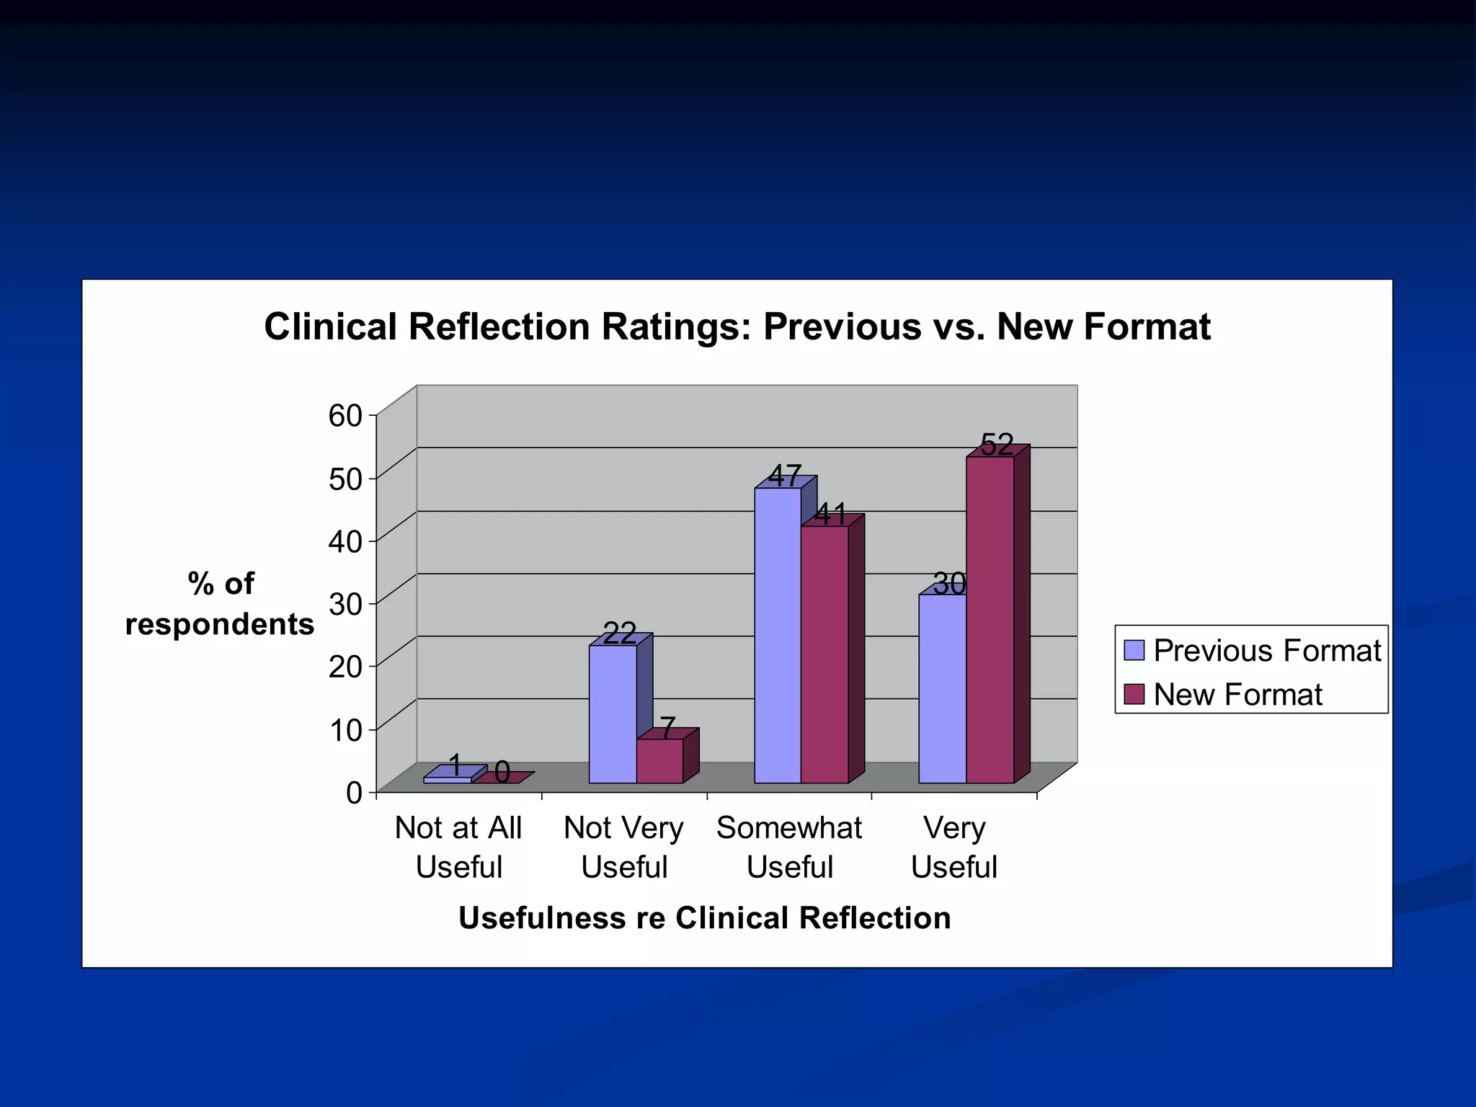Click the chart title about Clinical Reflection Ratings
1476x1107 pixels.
[x=737, y=326]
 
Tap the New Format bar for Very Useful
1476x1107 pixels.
[x=990, y=620]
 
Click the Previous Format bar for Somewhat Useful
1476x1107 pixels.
[x=778, y=634]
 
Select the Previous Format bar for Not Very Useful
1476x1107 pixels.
[x=612, y=713]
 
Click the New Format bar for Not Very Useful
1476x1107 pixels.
[x=659, y=761]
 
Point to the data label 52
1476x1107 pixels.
[x=997, y=445]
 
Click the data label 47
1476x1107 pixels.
[x=785, y=476]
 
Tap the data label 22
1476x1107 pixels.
[x=619, y=633]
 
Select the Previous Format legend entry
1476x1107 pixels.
[x=1253, y=650]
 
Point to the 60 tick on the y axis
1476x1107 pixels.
[x=346, y=415]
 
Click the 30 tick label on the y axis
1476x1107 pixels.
[x=346, y=604]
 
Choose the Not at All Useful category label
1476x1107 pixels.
[x=458, y=847]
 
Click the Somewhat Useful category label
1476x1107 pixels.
[x=789, y=847]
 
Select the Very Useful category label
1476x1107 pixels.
[x=953, y=847]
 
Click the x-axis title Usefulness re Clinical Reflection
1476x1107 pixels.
[x=704, y=918]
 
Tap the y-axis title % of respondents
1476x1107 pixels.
[x=220, y=603]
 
